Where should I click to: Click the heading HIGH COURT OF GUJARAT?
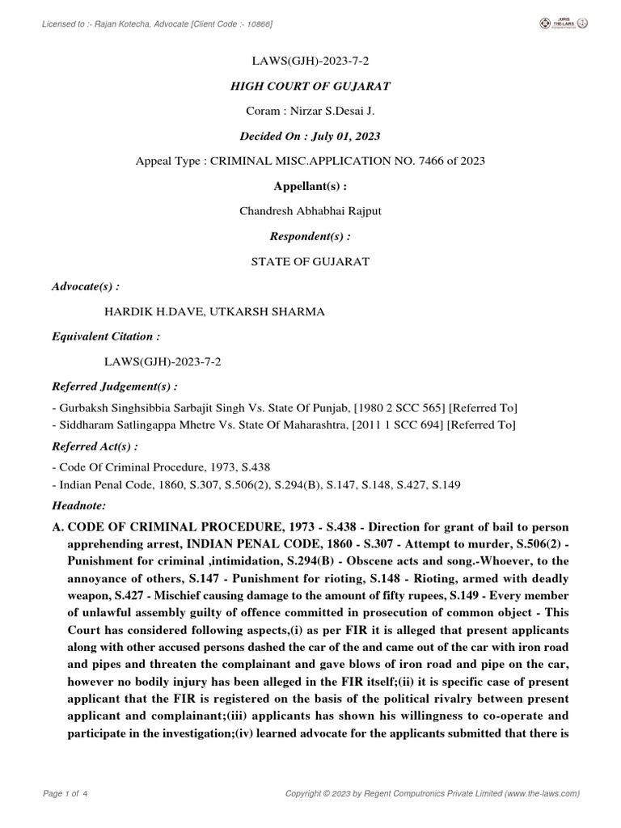310,87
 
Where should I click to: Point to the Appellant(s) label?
310,186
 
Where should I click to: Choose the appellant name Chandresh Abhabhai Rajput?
310,211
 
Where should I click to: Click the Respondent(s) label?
310,236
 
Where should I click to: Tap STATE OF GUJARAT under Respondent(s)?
310,261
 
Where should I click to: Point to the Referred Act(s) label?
95,446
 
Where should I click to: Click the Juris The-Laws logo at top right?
564,23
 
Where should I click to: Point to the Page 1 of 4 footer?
65,794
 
